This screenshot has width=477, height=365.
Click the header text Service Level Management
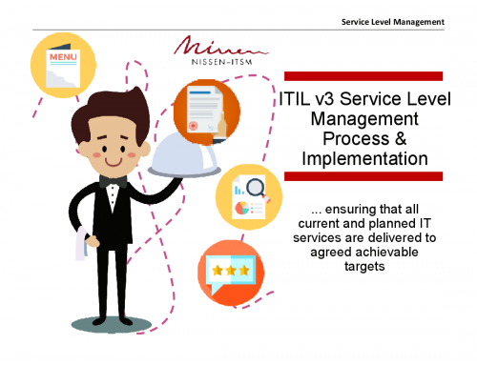point(393,21)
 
